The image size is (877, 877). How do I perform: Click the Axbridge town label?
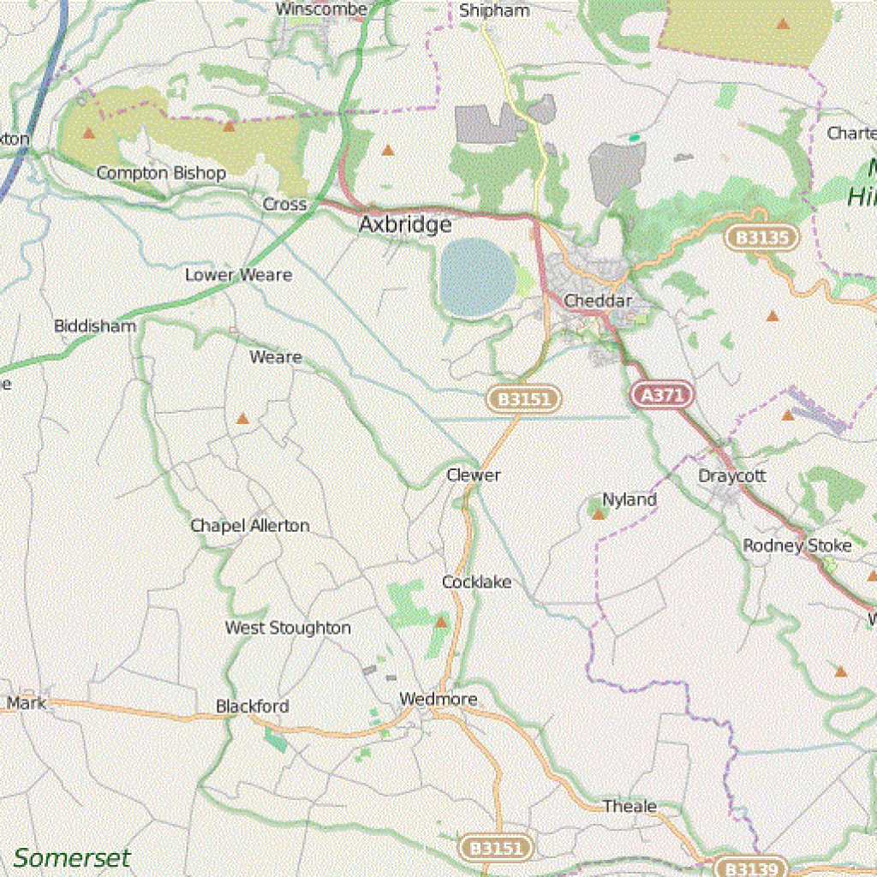click(405, 224)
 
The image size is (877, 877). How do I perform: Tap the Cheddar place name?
click(598, 301)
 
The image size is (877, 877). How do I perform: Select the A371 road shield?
click(663, 395)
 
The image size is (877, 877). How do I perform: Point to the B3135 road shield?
click(761, 237)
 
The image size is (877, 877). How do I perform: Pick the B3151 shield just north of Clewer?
click(525, 398)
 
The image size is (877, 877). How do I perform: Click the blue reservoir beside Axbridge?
click(477, 277)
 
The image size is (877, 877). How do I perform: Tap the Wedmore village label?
click(438, 700)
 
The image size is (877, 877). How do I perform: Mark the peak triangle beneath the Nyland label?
click(599, 514)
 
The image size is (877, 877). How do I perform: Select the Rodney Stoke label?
click(796, 546)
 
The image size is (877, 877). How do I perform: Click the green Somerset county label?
click(72, 857)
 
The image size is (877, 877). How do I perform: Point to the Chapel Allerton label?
click(249, 525)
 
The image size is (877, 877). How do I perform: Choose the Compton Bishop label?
click(161, 173)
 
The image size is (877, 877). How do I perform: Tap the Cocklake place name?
click(476, 582)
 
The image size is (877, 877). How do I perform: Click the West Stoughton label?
click(288, 628)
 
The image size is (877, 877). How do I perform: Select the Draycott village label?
click(731, 475)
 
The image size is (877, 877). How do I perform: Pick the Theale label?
click(629, 806)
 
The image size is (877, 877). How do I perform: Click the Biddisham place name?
click(95, 326)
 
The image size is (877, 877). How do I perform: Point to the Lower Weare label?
click(238, 275)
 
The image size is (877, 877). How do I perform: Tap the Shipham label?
click(494, 11)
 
